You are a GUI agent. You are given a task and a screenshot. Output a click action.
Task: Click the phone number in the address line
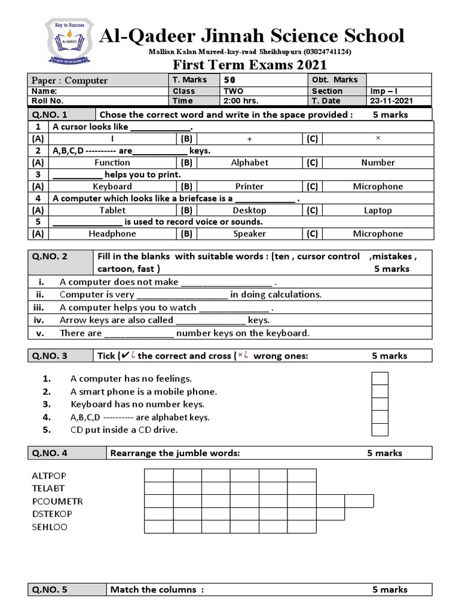[328, 52]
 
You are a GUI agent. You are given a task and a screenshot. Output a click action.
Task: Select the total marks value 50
[229, 80]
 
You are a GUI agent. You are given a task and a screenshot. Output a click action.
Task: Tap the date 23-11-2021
[391, 101]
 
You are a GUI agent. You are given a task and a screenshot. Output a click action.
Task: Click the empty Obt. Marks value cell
[398, 80]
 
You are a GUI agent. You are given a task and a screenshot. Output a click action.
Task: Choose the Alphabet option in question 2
[250, 163]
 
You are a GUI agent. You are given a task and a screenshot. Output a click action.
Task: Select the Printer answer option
[249, 186]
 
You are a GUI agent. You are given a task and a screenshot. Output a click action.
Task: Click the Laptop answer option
[378, 210]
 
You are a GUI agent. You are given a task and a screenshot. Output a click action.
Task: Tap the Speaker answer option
[250, 234]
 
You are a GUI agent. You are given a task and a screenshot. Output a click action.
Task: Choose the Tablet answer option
[112, 210]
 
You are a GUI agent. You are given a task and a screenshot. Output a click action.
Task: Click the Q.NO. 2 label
[50, 256]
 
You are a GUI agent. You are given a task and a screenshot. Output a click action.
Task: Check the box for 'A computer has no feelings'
[380, 379]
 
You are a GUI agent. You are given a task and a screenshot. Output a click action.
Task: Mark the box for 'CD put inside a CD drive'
[380, 430]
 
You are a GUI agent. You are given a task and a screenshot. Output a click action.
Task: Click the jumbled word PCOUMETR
[57, 501]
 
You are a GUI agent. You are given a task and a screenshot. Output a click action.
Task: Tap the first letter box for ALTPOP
[158, 476]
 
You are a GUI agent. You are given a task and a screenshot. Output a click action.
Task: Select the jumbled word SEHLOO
[50, 527]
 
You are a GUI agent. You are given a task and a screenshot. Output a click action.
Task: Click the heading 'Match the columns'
[156, 589]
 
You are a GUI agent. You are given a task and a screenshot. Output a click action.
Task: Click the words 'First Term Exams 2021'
[250, 65]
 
